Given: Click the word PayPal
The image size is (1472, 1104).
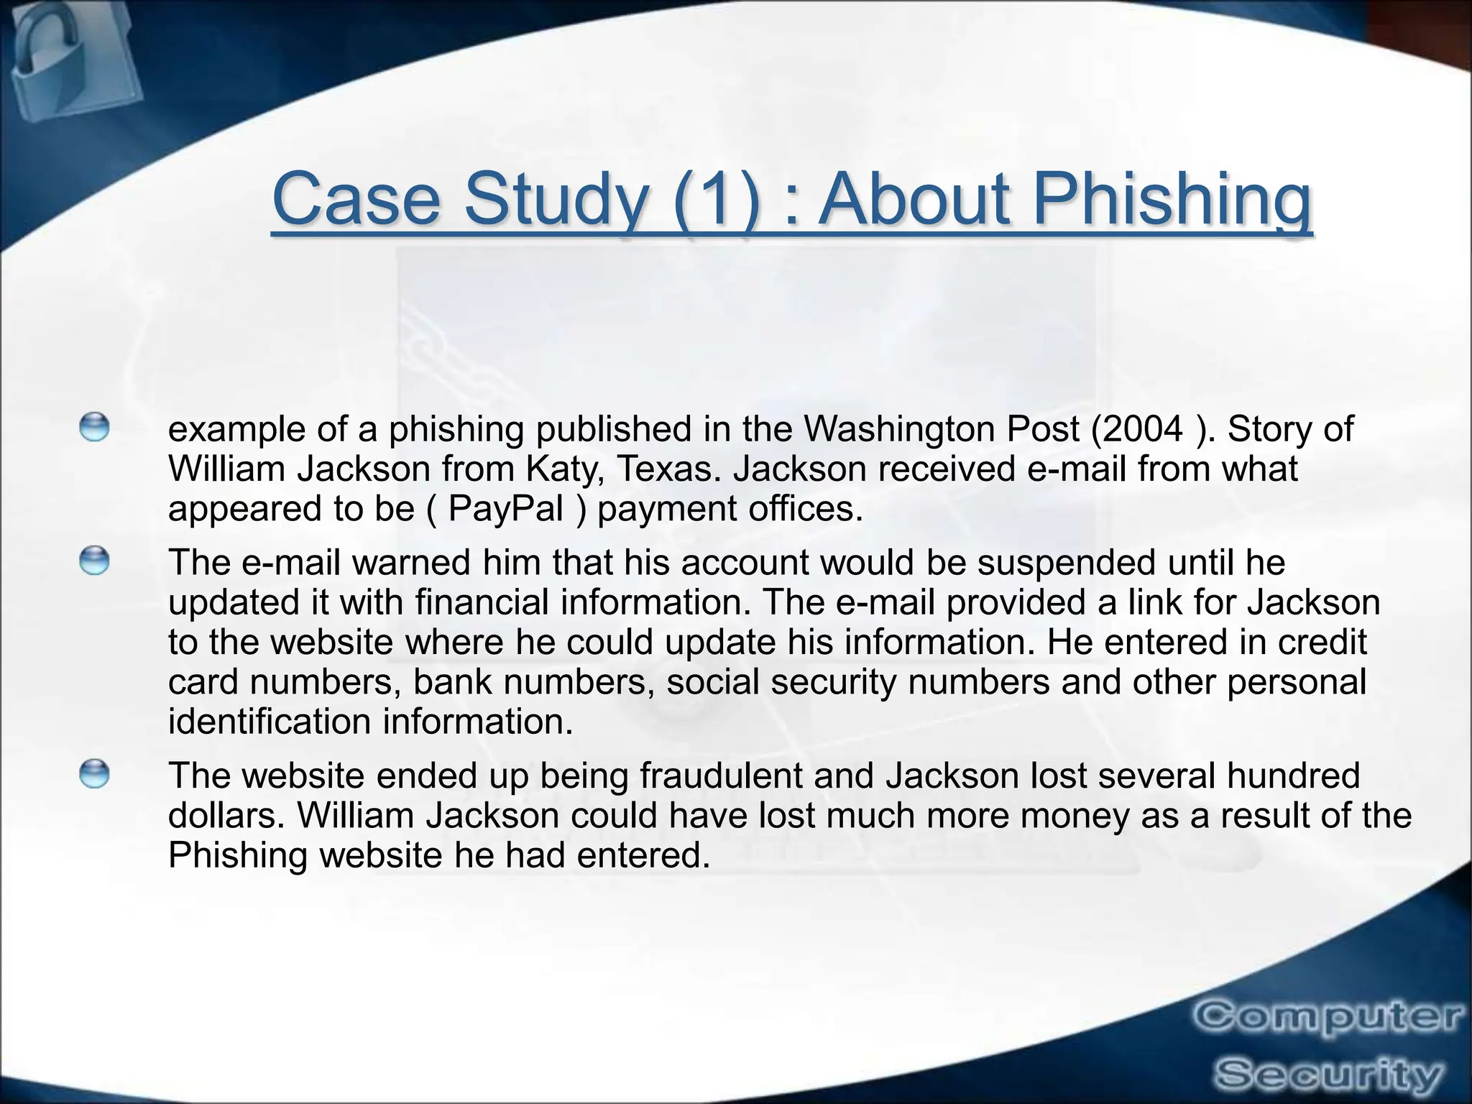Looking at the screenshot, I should pyautogui.click(x=505, y=510).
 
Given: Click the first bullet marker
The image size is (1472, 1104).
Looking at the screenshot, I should pyautogui.click(x=94, y=427).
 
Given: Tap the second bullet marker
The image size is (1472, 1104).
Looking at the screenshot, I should pyautogui.click(x=94, y=561).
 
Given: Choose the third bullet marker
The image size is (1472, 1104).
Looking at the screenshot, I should pyautogui.click(x=94, y=774).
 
